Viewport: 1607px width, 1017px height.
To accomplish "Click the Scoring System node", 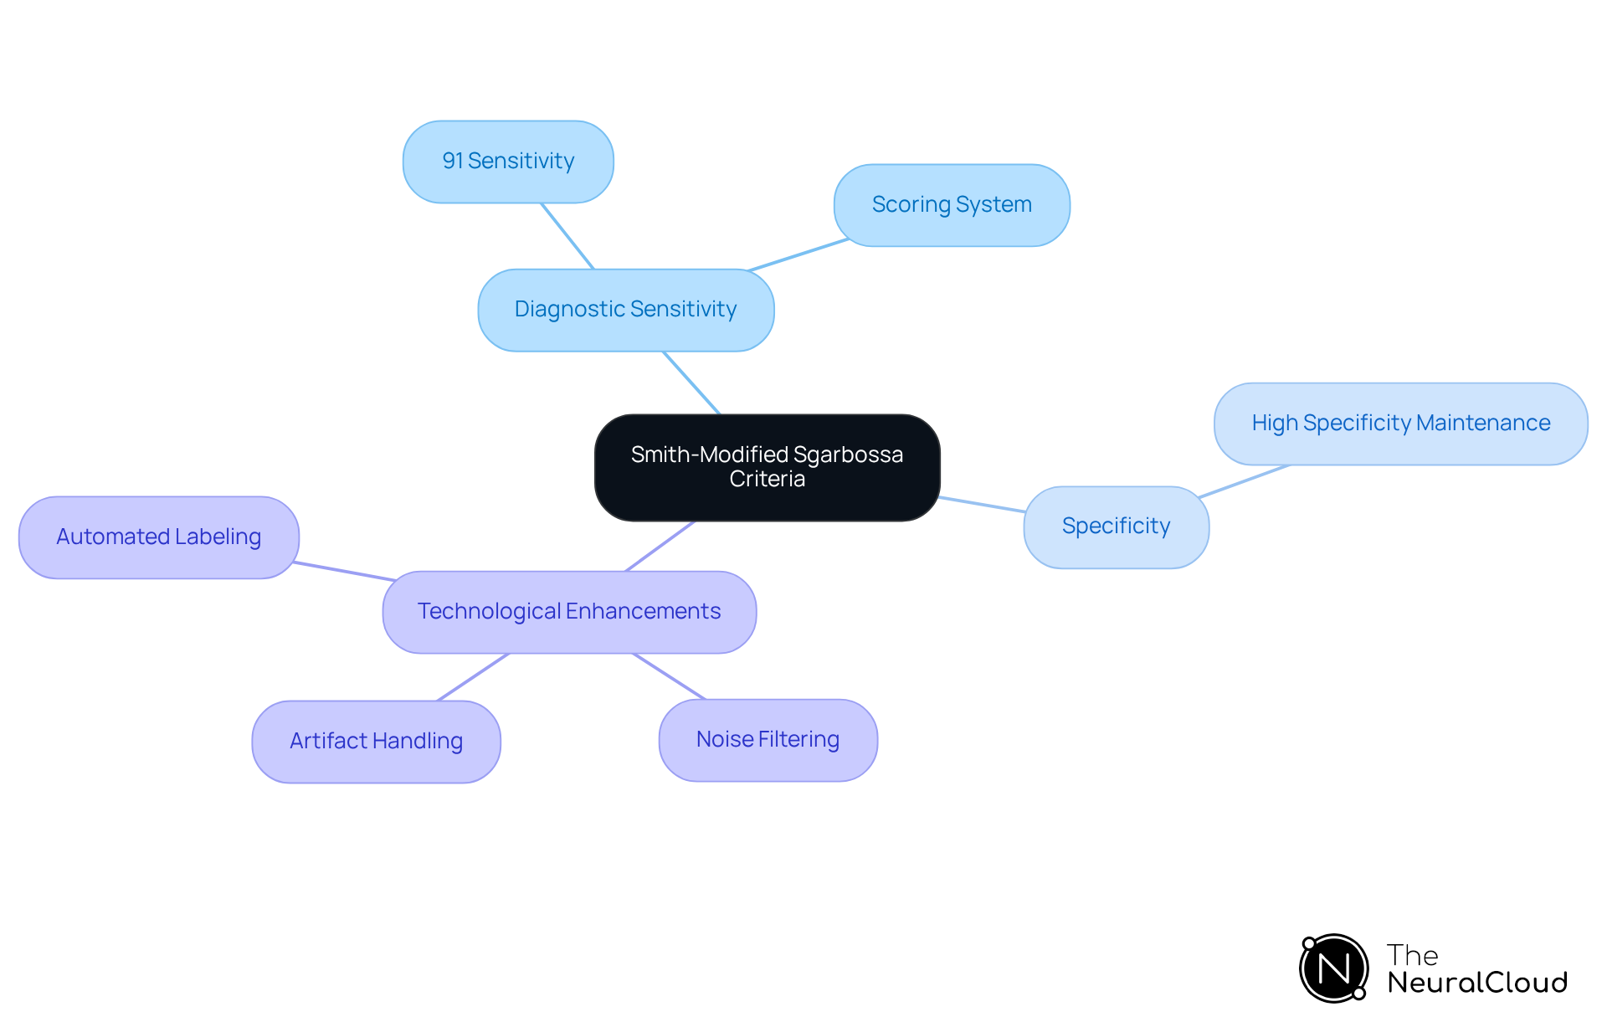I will tap(952, 205).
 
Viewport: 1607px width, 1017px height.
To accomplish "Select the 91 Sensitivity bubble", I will tap(508, 162).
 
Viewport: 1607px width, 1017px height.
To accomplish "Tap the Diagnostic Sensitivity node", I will tap(625, 310).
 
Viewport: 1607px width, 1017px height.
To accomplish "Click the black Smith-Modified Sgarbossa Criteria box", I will tap(767, 467).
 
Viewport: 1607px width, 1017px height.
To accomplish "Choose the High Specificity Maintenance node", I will tap(1400, 424).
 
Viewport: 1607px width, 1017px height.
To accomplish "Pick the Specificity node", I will tap(1116, 526).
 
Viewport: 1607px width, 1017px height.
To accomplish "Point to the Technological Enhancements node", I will tap(569, 612).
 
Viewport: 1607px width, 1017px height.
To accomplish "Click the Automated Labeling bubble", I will tap(158, 537).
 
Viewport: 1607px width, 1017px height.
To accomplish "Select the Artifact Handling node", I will tap(376, 742).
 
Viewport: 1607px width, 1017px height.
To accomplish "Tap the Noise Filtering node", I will tap(768, 740).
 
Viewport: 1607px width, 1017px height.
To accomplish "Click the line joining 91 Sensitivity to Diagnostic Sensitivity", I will tap(567, 236).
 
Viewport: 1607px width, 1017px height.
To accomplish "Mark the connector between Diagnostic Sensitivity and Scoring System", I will tap(798, 255).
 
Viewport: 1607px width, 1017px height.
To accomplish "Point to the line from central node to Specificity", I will tap(982, 504).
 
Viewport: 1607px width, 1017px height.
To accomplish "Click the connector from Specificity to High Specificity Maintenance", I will tap(1245, 481).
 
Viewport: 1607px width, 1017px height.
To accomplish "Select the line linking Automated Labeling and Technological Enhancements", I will tap(345, 572).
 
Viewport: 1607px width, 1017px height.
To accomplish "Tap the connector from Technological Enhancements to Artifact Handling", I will tap(473, 677).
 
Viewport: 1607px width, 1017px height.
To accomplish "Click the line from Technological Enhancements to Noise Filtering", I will tap(670, 676).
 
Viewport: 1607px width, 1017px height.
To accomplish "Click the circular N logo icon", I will tap(1333, 968).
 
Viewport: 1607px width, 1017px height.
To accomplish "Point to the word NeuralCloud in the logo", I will tap(1476, 983).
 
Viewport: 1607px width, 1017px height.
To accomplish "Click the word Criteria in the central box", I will tap(767, 480).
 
